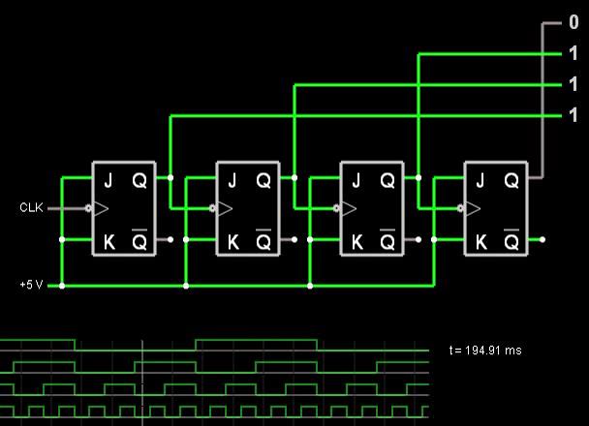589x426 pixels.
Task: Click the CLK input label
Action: tap(32, 207)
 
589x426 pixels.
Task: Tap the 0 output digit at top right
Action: tap(573, 22)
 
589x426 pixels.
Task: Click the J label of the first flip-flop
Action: tap(108, 179)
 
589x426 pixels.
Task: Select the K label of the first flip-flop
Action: tap(108, 239)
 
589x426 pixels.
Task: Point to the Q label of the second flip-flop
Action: tap(263, 179)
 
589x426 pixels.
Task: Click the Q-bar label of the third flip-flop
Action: tap(387, 238)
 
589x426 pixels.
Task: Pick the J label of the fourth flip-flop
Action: tap(480, 179)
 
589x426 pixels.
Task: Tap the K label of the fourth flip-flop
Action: tap(480, 239)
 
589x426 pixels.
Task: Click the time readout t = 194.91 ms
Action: tap(486, 350)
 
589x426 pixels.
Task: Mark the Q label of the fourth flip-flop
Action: tap(511, 179)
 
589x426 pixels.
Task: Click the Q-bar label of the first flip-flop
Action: tap(139, 238)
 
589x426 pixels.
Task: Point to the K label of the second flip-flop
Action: tap(232, 239)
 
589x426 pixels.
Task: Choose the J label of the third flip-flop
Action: tap(356, 179)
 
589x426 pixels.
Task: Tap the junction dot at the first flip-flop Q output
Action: tap(170, 178)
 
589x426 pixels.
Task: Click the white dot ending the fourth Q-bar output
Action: tap(542, 239)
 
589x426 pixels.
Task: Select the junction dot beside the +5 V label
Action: tap(62, 287)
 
